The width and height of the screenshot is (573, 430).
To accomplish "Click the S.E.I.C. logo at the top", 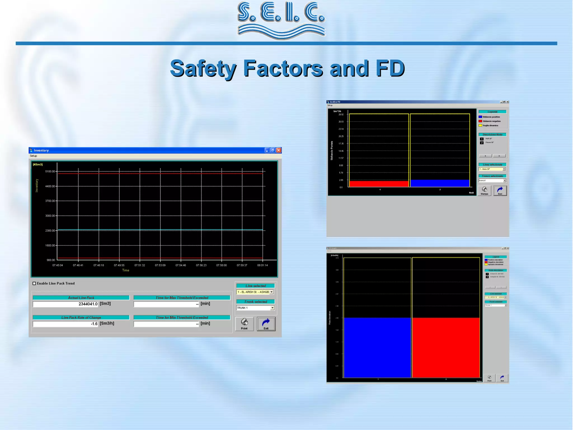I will coord(281,20).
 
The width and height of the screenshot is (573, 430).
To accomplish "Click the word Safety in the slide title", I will coord(203,68).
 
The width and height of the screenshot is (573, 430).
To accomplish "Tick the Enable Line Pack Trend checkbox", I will coord(34,283).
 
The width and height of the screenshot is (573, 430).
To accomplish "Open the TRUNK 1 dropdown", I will coord(272,308).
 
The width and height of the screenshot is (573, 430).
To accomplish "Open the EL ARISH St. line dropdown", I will coord(271,292).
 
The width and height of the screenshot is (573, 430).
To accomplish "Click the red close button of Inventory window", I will coord(279,150).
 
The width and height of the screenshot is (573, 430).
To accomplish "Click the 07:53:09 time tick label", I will coord(160,265).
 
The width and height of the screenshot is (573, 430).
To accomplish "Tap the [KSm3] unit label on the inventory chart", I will coord(38,164).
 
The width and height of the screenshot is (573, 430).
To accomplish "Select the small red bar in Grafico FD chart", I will coord(379,184).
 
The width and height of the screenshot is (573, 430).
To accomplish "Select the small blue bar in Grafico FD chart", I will coord(440,183).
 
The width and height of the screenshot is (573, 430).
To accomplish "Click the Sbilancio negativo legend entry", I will coord(491,121).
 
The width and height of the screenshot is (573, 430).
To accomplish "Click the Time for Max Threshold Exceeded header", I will coord(182,298).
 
